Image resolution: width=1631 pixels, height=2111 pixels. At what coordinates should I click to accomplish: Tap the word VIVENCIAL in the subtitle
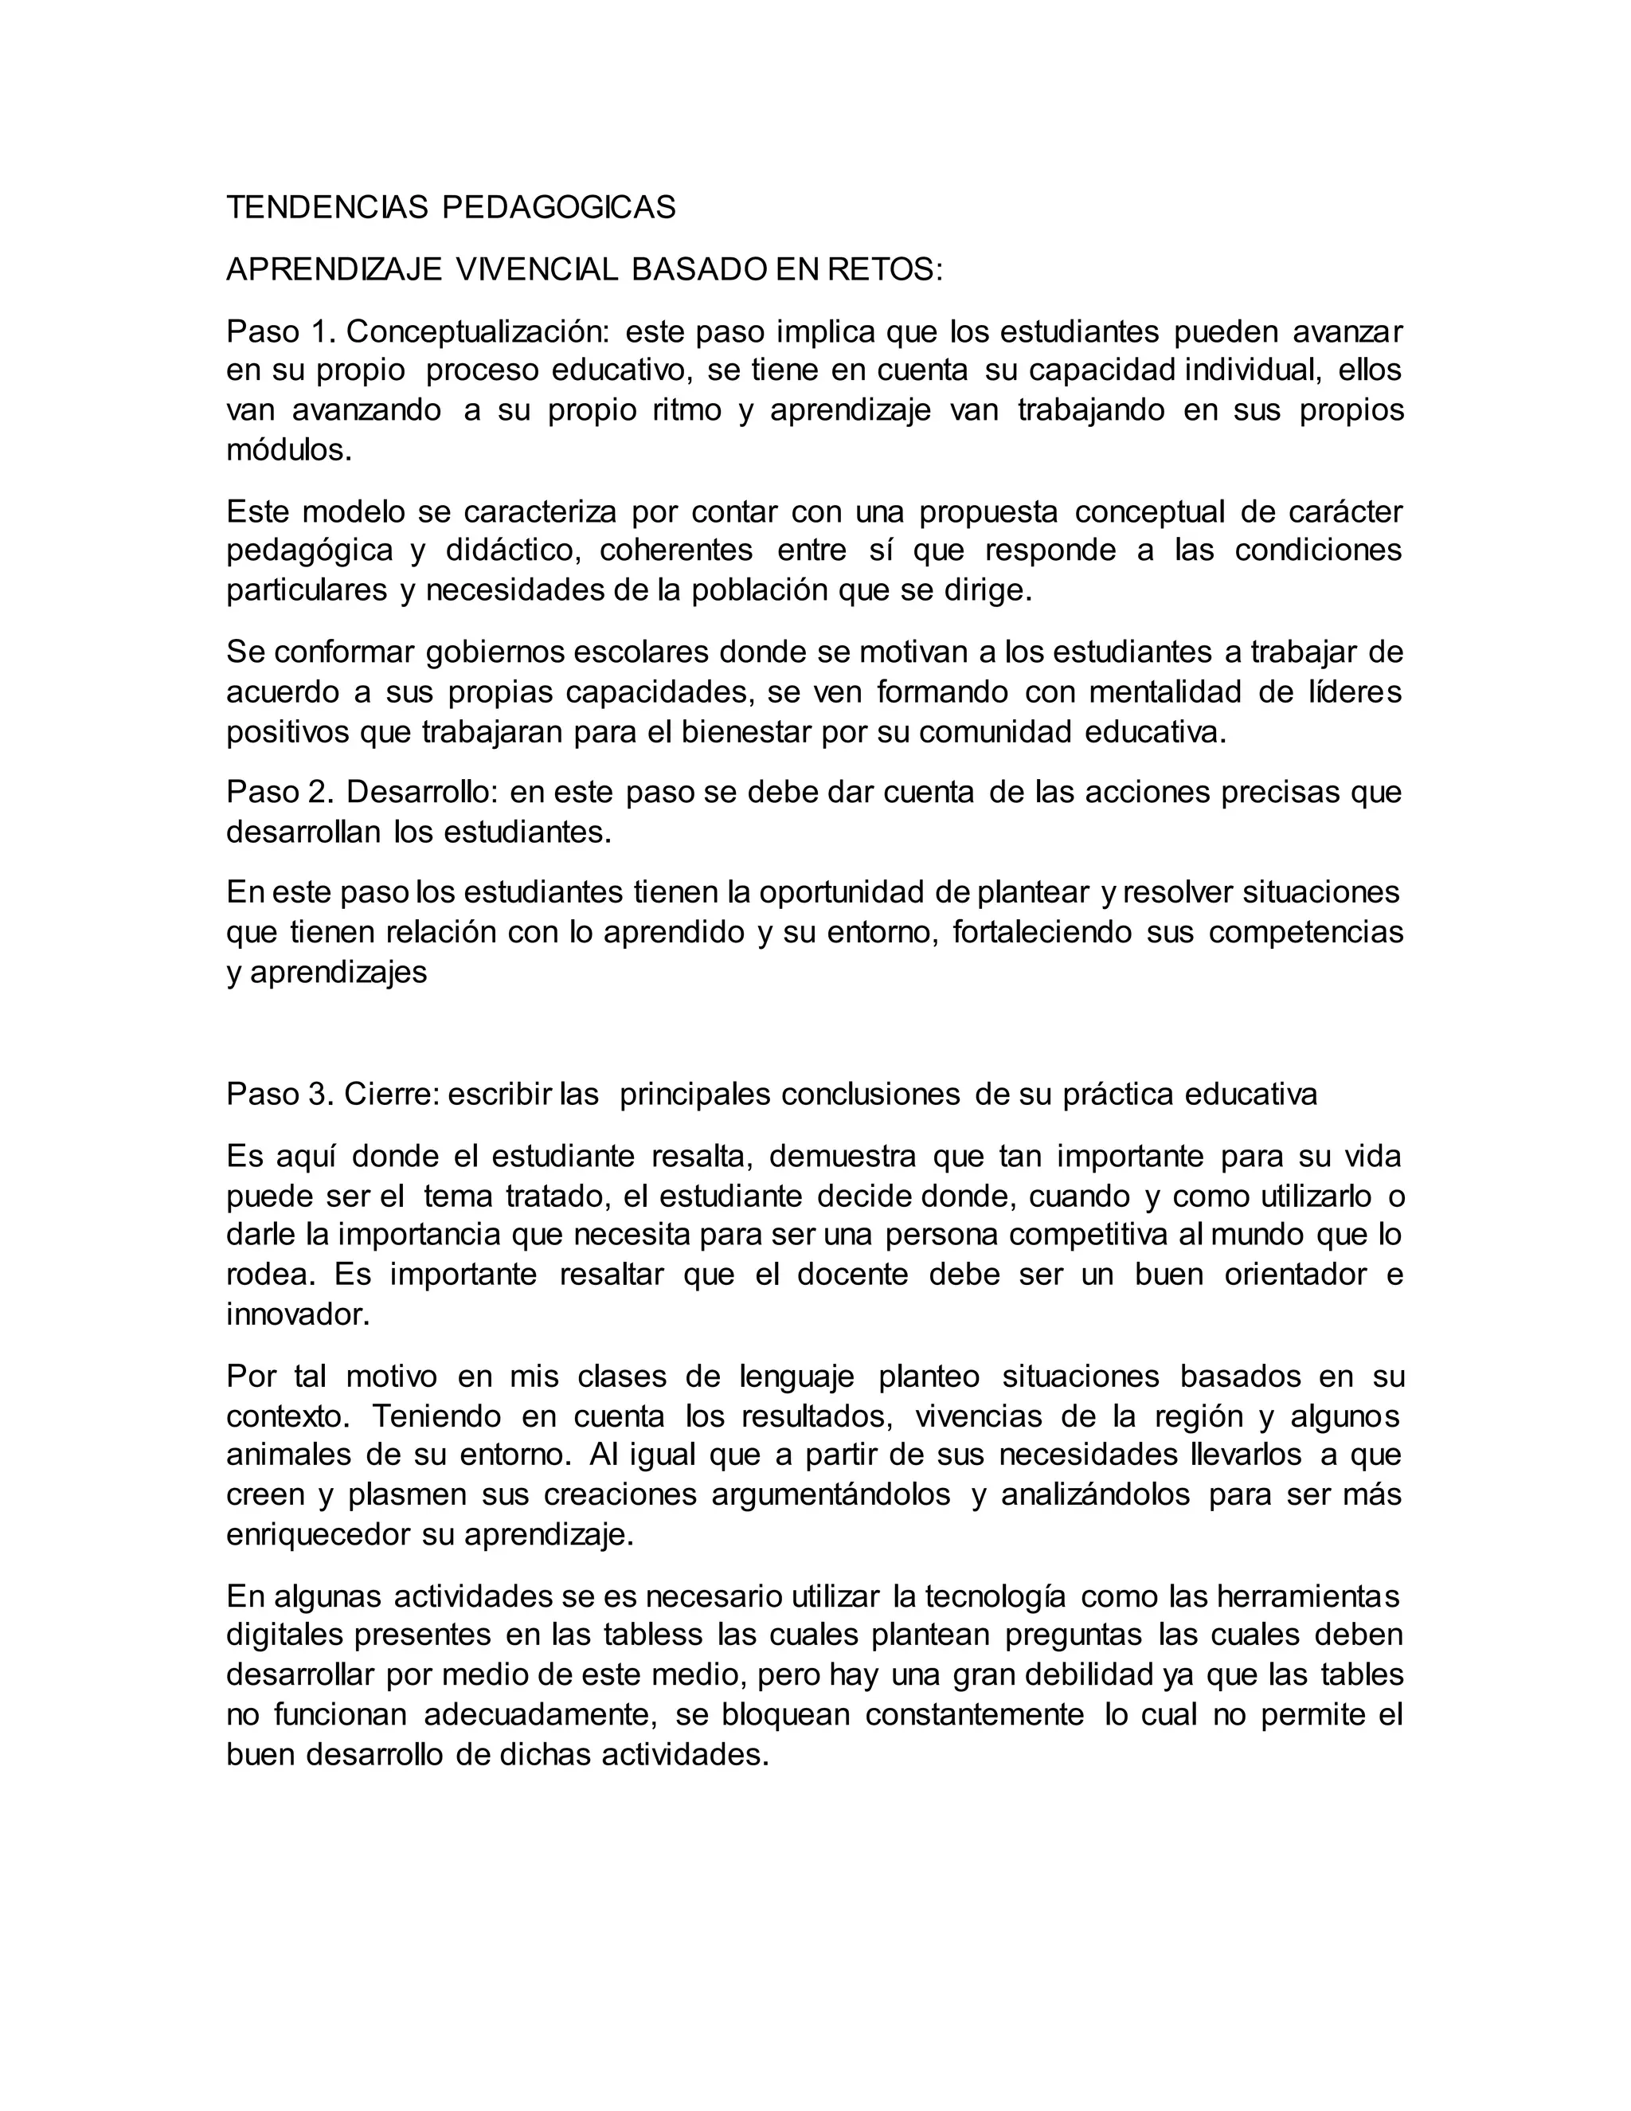pos(535,270)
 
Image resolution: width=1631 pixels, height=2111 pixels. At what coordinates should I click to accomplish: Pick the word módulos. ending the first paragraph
pos(289,450)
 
